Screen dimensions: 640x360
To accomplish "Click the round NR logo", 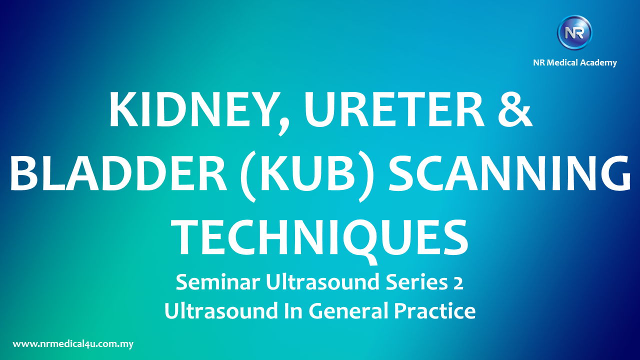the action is point(574,32).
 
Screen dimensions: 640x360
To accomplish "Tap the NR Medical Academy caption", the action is point(575,62).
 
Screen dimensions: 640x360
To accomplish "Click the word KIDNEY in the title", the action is point(189,109).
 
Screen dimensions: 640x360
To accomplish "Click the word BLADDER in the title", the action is point(118,173).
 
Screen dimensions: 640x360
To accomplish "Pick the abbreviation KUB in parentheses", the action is point(307,173).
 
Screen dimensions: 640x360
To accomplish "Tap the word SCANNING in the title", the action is point(509,173).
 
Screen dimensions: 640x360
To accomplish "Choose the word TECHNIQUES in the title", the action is point(319,237).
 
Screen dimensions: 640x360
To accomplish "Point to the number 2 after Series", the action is point(458,283).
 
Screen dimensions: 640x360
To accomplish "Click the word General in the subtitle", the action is point(348,311).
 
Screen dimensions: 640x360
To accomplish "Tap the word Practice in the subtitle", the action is point(435,311).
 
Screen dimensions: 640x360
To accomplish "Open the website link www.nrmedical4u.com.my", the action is point(73,344).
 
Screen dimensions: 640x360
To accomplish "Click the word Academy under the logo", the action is point(598,63).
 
